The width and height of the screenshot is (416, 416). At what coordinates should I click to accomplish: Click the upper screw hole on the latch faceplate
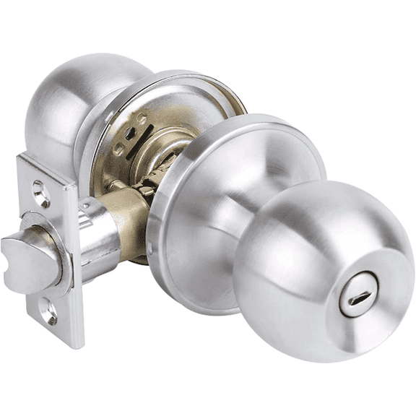(40, 191)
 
